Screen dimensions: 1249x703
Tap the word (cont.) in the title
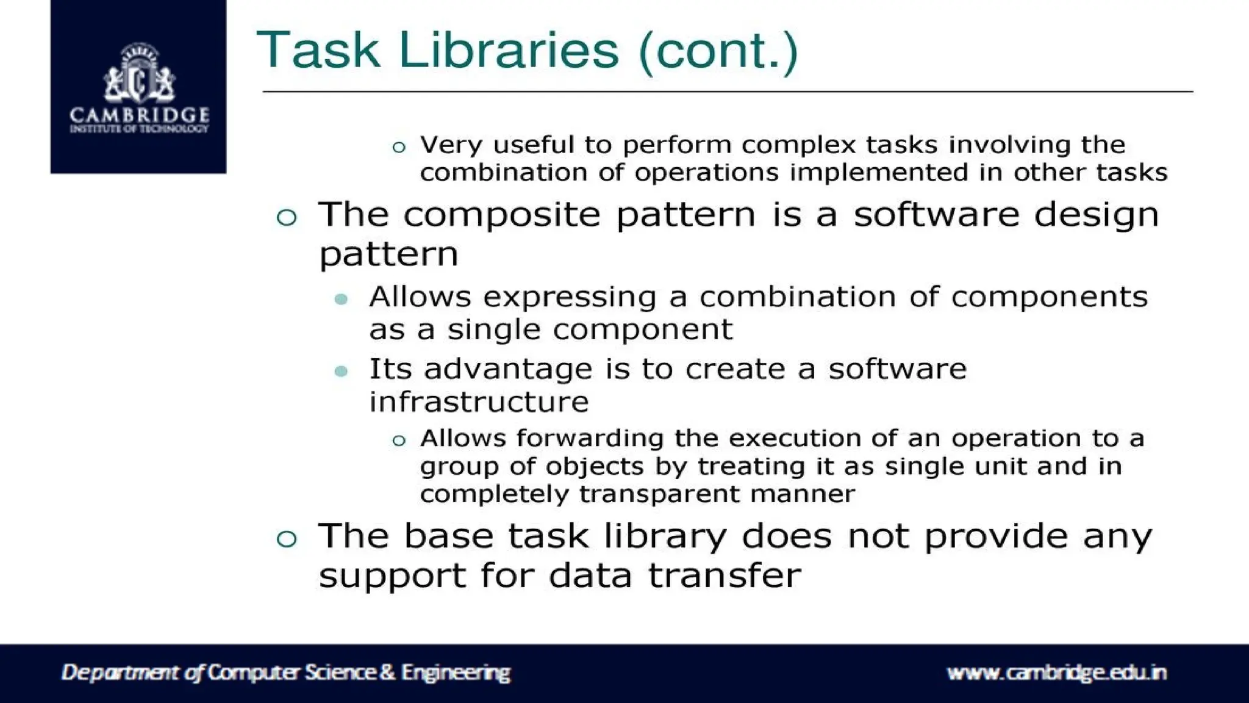718,51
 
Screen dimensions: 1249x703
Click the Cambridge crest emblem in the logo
139,74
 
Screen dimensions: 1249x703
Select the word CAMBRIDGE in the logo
139,115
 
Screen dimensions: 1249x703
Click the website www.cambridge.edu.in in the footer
1056,672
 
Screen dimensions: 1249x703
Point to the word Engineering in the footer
455,672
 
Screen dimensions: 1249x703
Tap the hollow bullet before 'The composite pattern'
287,217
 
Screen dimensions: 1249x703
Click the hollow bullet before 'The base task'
287,538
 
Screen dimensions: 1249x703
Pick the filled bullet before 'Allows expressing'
342,299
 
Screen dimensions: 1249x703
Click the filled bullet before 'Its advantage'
342,371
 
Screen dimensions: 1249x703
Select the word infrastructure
479,402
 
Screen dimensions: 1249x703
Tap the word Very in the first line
451,145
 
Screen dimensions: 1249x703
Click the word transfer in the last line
724,575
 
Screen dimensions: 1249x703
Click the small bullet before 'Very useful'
399,147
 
